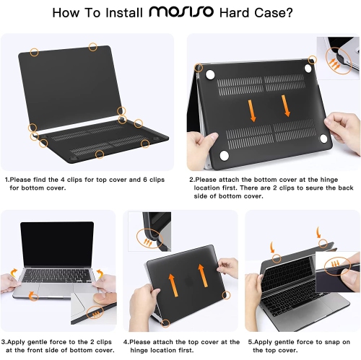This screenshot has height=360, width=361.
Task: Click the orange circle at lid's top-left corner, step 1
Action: pos(34,51)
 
